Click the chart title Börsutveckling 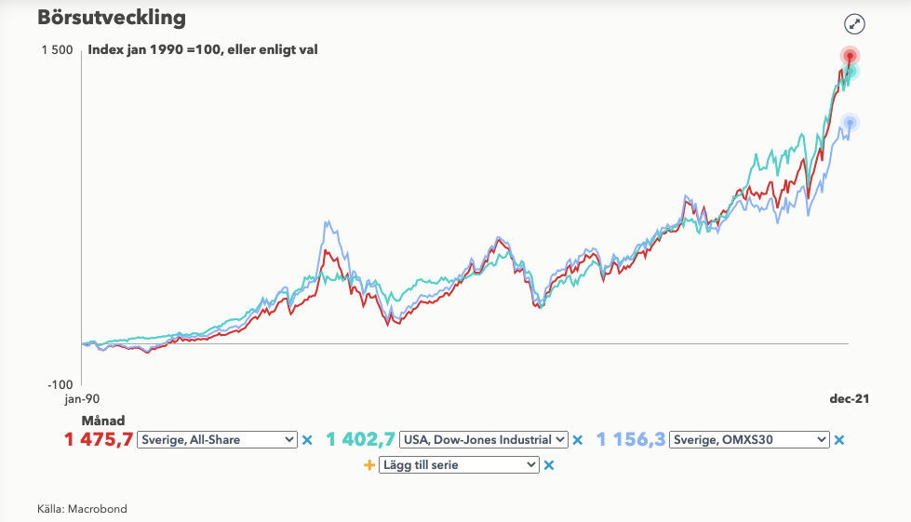coord(112,18)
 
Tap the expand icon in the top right coord(854,25)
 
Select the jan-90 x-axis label coord(82,398)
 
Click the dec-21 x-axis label coord(850,398)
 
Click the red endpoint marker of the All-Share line coord(850,56)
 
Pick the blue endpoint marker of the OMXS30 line coord(849,122)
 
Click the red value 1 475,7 coord(98,440)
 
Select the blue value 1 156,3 coord(630,440)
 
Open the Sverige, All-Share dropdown coord(216,440)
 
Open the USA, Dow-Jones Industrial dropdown coord(483,440)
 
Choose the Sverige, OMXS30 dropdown coord(749,440)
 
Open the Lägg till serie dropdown coord(459,464)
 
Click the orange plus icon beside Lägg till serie coord(368,464)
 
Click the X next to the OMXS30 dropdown coord(838,440)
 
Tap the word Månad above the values coord(103,421)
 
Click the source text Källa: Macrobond coord(82,509)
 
